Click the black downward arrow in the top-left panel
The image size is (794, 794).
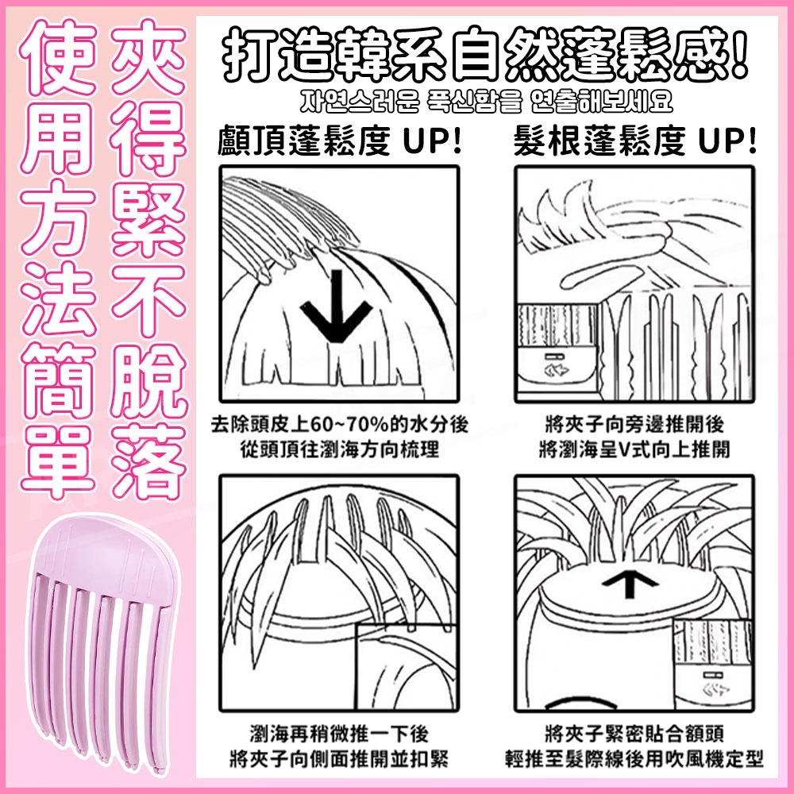pyautogui.click(x=336, y=306)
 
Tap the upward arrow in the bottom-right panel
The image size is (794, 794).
pyautogui.click(x=630, y=584)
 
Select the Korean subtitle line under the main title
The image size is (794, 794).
pyautogui.click(x=486, y=102)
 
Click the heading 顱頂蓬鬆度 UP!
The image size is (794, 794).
pyautogui.click(x=340, y=141)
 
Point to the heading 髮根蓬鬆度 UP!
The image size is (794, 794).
pyautogui.click(x=635, y=141)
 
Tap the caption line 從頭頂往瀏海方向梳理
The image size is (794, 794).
pyautogui.click(x=340, y=449)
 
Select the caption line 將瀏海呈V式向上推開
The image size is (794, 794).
pyautogui.click(x=635, y=449)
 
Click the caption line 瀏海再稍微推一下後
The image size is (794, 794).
pyautogui.click(x=340, y=733)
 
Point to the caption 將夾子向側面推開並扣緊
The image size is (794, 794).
pyautogui.click(x=340, y=758)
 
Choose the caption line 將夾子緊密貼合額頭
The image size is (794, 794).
pyautogui.click(x=635, y=733)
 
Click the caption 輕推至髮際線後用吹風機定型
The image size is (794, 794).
pyautogui.click(x=635, y=758)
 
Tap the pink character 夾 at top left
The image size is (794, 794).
pyautogui.click(x=148, y=56)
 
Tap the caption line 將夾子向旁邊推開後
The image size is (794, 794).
pyautogui.click(x=635, y=424)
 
